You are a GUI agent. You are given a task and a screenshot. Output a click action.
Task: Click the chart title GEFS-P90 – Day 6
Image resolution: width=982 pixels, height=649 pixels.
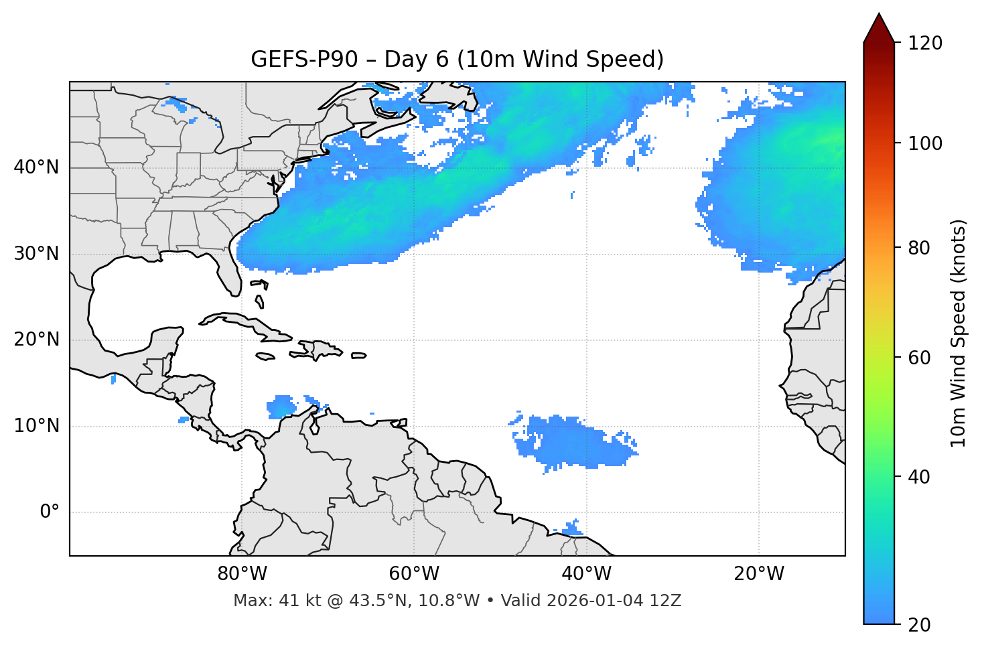[457, 60]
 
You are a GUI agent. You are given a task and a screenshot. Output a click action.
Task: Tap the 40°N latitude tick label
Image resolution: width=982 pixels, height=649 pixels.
[36, 167]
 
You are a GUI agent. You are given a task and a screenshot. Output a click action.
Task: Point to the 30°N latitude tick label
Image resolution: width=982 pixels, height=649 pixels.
[36, 254]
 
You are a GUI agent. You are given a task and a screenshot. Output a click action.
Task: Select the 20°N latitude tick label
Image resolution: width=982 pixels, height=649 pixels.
[36, 340]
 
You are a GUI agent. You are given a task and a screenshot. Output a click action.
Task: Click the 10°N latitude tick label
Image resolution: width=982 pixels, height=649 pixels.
[36, 426]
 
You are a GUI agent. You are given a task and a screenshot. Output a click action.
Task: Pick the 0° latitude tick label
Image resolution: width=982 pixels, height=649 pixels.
[49, 512]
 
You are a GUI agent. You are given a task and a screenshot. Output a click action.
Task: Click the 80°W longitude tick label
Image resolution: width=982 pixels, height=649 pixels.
[242, 574]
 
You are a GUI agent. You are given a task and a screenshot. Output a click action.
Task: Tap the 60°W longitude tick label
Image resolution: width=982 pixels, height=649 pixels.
[414, 574]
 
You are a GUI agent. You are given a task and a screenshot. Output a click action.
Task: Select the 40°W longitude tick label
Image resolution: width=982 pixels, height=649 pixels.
[587, 574]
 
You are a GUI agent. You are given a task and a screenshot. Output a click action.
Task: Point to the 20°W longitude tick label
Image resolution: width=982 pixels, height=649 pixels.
[759, 574]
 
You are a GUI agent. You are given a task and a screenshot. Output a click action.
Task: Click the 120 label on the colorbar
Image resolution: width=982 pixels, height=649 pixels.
[924, 44]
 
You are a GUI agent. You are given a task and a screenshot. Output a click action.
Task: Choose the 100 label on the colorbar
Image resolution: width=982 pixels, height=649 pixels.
[924, 143]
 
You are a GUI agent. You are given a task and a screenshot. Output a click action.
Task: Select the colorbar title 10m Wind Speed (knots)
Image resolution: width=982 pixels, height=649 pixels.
[959, 333]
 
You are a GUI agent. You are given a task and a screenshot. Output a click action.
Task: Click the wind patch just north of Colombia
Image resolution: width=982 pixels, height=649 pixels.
[281, 407]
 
